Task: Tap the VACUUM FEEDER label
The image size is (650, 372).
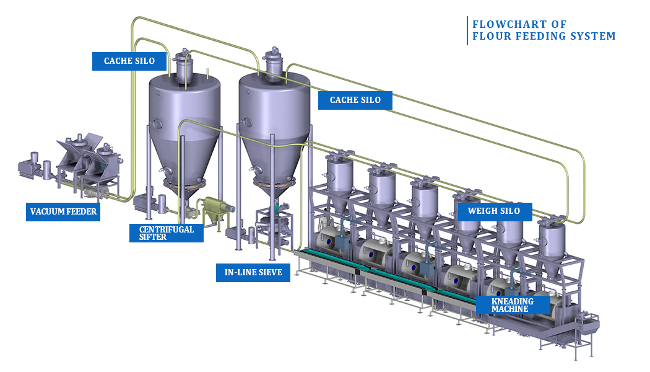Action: tap(64, 211)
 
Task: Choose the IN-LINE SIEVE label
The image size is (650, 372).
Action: tap(253, 272)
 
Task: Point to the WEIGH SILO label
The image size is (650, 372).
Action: tap(494, 211)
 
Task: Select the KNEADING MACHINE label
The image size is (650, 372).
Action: tap(513, 304)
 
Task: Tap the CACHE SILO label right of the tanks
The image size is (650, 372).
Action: tap(355, 100)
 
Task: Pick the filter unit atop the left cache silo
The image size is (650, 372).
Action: tap(184, 64)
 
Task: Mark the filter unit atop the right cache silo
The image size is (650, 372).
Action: tap(274, 62)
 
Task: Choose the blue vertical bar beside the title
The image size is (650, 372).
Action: tap(467, 30)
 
